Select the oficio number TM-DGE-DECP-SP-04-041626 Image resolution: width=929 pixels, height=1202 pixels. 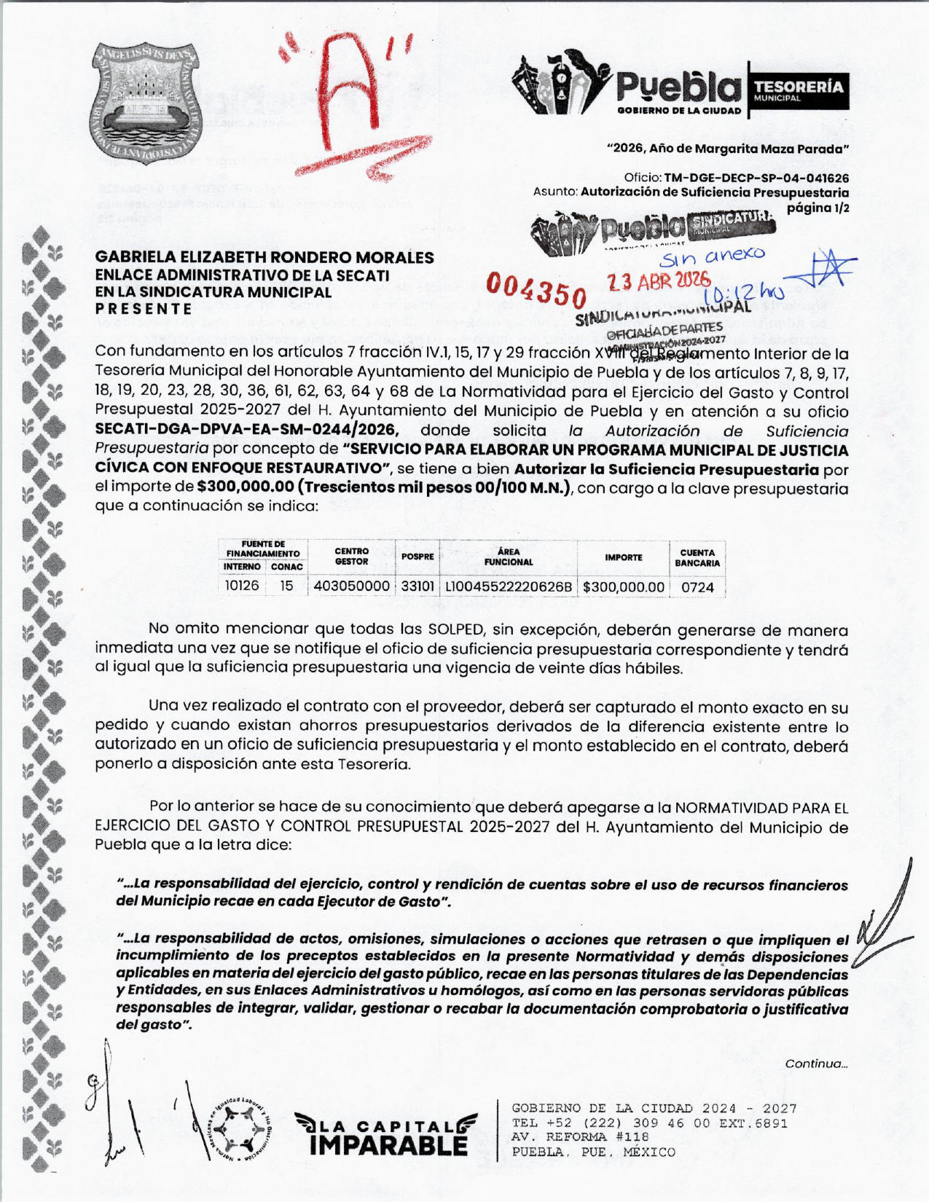click(x=756, y=178)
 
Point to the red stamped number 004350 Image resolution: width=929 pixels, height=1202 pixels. click(x=537, y=291)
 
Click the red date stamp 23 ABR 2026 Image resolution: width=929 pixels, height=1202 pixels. click(x=659, y=281)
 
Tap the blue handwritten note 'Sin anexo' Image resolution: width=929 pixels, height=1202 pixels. click(x=713, y=256)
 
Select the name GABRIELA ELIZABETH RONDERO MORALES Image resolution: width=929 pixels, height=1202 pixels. click(x=264, y=257)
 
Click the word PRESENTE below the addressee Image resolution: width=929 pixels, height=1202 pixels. click(x=144, y=308)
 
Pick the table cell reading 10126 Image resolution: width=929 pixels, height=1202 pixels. click(x=241, y=586)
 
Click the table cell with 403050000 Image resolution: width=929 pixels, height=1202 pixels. click(x=351, y=586)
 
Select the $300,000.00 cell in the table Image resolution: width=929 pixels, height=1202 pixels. click(x=624, y=587)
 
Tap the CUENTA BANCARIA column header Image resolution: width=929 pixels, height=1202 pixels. click(x=697, y=558)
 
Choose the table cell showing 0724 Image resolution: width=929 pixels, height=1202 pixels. click(x=697, y=587)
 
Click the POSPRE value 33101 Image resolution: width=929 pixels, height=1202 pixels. click(x=418, y=586)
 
